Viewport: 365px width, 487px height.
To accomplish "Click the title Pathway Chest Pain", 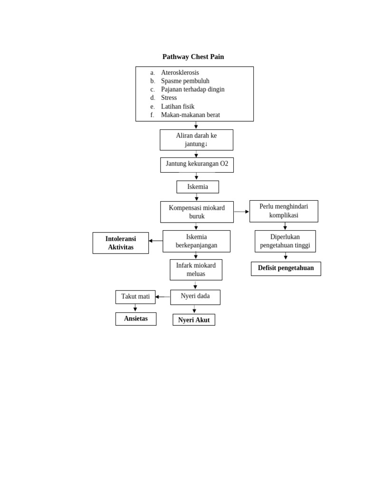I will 193,57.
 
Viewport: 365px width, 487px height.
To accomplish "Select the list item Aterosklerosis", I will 180,73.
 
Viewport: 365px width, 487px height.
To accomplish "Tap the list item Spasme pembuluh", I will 185,81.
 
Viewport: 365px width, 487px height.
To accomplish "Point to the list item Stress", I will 169,98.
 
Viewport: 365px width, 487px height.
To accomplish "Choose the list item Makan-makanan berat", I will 190,115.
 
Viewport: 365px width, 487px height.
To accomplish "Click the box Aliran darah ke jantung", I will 196,140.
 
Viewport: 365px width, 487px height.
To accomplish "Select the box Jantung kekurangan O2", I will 197,165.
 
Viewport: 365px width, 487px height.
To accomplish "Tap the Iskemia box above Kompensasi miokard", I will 197,187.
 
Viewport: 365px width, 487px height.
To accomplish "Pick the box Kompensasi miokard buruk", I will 197,212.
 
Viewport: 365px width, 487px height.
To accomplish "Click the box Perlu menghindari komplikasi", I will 284,211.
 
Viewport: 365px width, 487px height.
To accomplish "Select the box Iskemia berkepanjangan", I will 196,241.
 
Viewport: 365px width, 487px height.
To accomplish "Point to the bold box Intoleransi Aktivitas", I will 121,243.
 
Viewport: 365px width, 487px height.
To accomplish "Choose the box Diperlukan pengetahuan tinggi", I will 285,241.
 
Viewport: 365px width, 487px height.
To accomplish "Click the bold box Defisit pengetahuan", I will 286,268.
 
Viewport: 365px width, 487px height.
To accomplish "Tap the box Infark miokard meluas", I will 196,270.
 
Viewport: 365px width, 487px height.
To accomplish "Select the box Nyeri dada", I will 195,297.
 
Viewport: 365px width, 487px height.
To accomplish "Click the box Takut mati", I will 135,297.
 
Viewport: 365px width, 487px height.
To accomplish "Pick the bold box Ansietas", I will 136,319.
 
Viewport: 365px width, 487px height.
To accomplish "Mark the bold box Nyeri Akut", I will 194,320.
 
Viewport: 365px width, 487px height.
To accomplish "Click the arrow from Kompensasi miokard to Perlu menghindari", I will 241,212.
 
